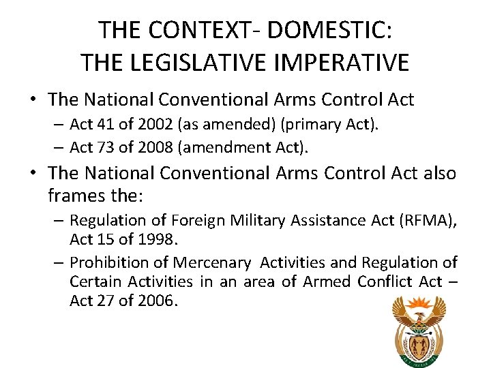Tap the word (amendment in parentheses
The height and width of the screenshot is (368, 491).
[215, 147]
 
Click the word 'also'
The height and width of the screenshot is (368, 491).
[439, 174]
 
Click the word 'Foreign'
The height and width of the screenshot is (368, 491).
[198, 220]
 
